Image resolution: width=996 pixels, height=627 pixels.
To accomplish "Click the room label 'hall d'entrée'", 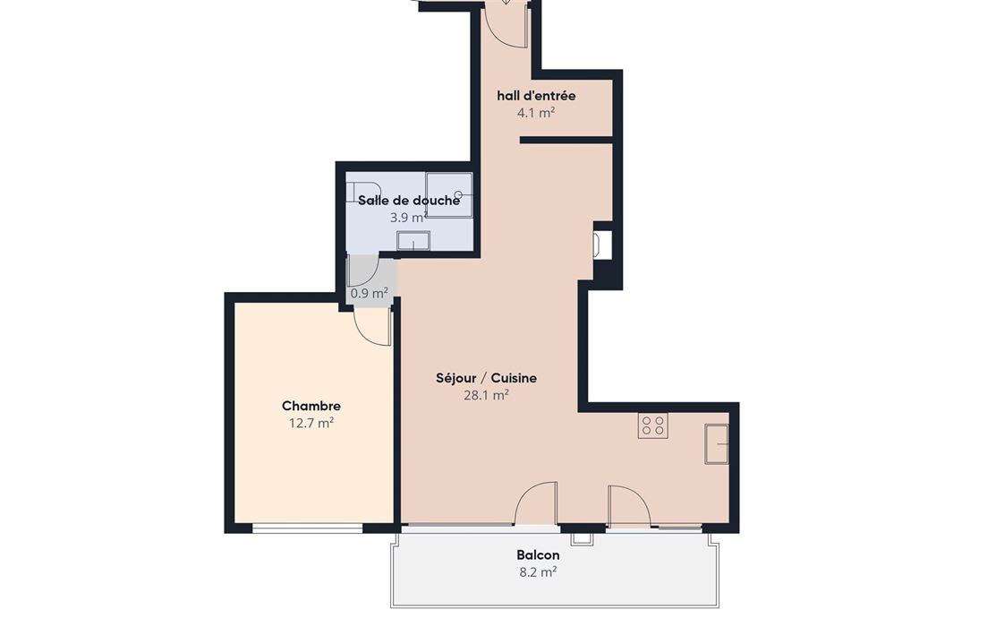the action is pyautogui.click(x=536, y=96).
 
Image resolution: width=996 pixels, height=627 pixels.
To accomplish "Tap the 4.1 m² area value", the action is pyautogui.click(x=536, y=113).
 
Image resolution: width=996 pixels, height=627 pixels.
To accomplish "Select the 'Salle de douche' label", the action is pyautogui.click(x=408, y=201).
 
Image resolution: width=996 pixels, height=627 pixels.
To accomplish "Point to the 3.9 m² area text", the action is pyautogui.click(x=408, y=218).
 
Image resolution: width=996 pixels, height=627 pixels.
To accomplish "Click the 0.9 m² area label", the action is pyautogui.click(x=369, y=294).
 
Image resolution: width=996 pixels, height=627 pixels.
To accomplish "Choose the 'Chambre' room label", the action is pyautogui.click(x=311, y=406).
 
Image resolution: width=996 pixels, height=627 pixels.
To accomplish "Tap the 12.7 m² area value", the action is pyautogui.click(x=311, y=423).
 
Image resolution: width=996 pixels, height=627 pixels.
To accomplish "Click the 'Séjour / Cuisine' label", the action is pyautogui.click(x=486, y=378).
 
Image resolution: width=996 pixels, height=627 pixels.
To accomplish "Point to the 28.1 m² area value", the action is pyautogui.click(x=486, y=396).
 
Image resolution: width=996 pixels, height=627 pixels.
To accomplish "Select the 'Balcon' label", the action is pyautogui.click(x=538, y=555).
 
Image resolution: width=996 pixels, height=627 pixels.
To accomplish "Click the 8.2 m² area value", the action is pyautogui.click(x=538, y=572).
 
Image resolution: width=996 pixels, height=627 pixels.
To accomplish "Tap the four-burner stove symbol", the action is pyautogui.click(x=653, y=425).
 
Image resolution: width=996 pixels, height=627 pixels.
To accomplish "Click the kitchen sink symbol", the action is pyautogui.click(x=717, y=444).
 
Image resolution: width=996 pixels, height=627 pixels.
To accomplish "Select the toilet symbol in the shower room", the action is pyautogui.click(x=363, y=192).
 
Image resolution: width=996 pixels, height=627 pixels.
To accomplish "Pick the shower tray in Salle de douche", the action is pyautogui.click(x=449, y=195).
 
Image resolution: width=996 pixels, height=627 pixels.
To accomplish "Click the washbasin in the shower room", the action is pyautogui.click(x=413, y=241).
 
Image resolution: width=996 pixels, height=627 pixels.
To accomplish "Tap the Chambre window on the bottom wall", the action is pyautogui.click(x=308, y=528).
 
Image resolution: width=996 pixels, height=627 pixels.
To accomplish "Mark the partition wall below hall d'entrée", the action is pyautogui.click(x=566, y=140).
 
